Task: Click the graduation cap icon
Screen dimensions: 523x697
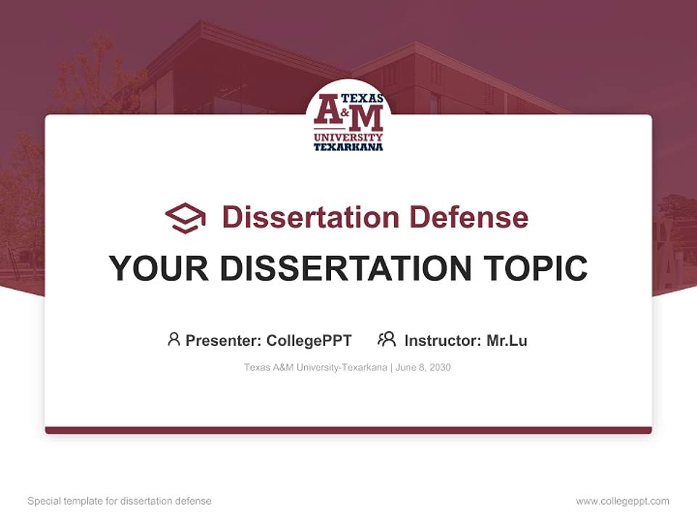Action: tap(185, 217)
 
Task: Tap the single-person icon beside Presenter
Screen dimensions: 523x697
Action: tap(174, 339)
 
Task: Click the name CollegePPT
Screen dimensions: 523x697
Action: tap(309, 340)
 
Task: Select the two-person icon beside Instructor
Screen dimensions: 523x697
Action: tap(386, 339)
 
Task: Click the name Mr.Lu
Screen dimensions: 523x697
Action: tap(507, 340)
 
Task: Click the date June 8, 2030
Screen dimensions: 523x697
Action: tap(423, 368)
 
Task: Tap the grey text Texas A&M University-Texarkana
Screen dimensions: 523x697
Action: tap(315, 368)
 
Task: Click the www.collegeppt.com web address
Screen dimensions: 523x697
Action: tap(622, 501)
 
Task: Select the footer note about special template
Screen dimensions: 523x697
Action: tap(120, 501)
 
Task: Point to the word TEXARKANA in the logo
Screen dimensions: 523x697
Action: tap(348, 147)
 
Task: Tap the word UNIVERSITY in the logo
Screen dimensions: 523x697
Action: tap(348, 137)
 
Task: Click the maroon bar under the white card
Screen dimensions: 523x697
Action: tap(348, 430)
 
